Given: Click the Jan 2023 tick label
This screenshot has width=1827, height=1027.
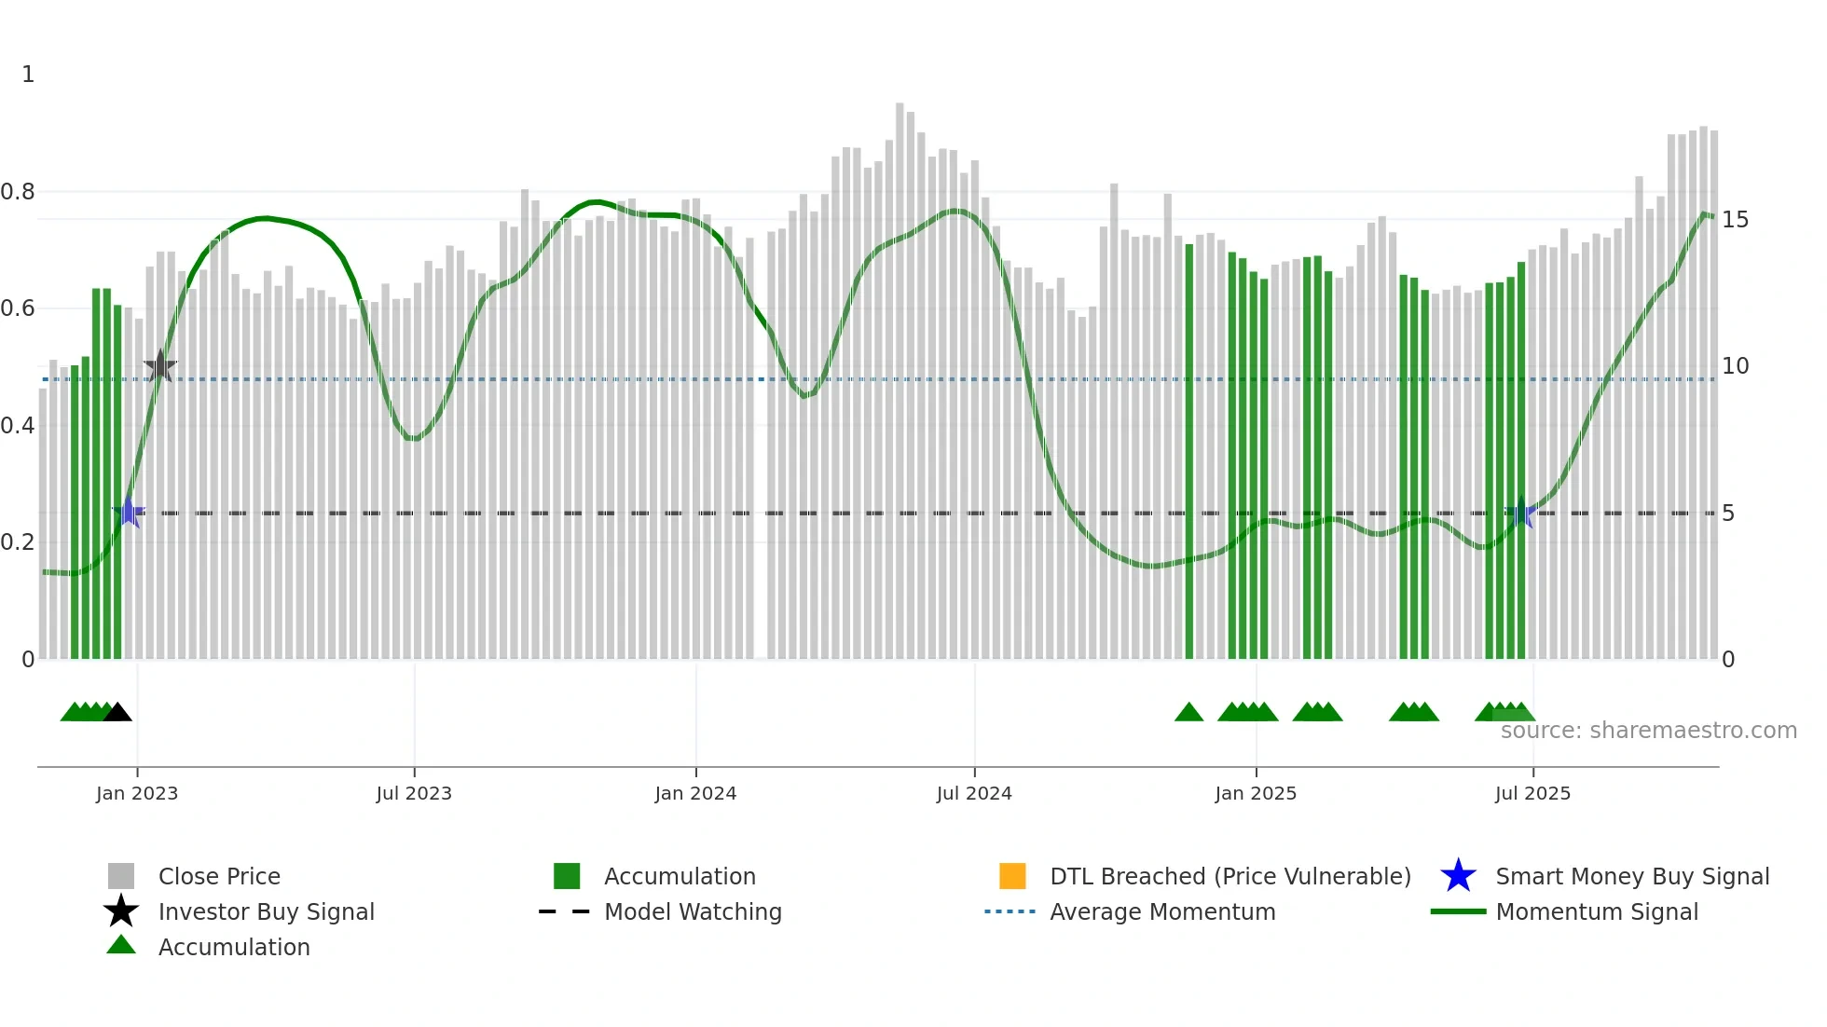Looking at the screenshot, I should click(x=136, y=793).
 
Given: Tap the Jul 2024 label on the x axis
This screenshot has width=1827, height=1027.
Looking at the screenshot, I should click(x=974, y=793).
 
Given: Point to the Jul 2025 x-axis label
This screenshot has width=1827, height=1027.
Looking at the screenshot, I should click(x=1532, y=793).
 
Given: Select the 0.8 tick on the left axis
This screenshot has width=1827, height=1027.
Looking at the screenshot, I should click(x=18, y=192).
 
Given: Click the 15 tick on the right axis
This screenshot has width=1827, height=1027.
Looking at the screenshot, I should click(x=1735, y=220).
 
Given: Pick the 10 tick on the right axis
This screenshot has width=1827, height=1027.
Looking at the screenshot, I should click(x=1735, y=366).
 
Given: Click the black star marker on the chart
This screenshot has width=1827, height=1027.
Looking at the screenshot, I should click(x=160, y=367).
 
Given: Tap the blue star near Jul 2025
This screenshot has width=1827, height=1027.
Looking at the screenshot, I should click(x=1521, y=513).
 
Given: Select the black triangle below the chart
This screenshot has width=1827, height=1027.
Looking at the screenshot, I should click(x=117, y=713).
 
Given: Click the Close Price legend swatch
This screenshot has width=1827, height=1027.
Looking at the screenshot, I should click(x=121, y=876).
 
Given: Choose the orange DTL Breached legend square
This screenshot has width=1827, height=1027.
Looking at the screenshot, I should click(x=1012, y=876).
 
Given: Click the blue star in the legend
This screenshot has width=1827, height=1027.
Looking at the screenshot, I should click(x=1458, y=876).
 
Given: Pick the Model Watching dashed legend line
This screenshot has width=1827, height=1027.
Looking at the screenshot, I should click(x=565, y=911).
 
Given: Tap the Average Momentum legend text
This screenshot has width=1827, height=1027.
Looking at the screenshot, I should click(x=1162, y=911).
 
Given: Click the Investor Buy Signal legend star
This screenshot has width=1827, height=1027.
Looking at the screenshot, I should click(x=121, y=911).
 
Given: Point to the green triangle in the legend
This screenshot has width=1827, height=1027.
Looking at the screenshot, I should click(x=121, y=946).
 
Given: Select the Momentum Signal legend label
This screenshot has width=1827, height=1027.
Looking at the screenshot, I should click(x=1597, y=911).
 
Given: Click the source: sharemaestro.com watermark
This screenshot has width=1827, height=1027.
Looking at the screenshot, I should click(x=1648, y=731).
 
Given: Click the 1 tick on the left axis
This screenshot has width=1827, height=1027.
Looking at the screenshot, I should click(x=28, y=75).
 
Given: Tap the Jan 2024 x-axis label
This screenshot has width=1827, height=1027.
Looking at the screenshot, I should click(x=695, y=793).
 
